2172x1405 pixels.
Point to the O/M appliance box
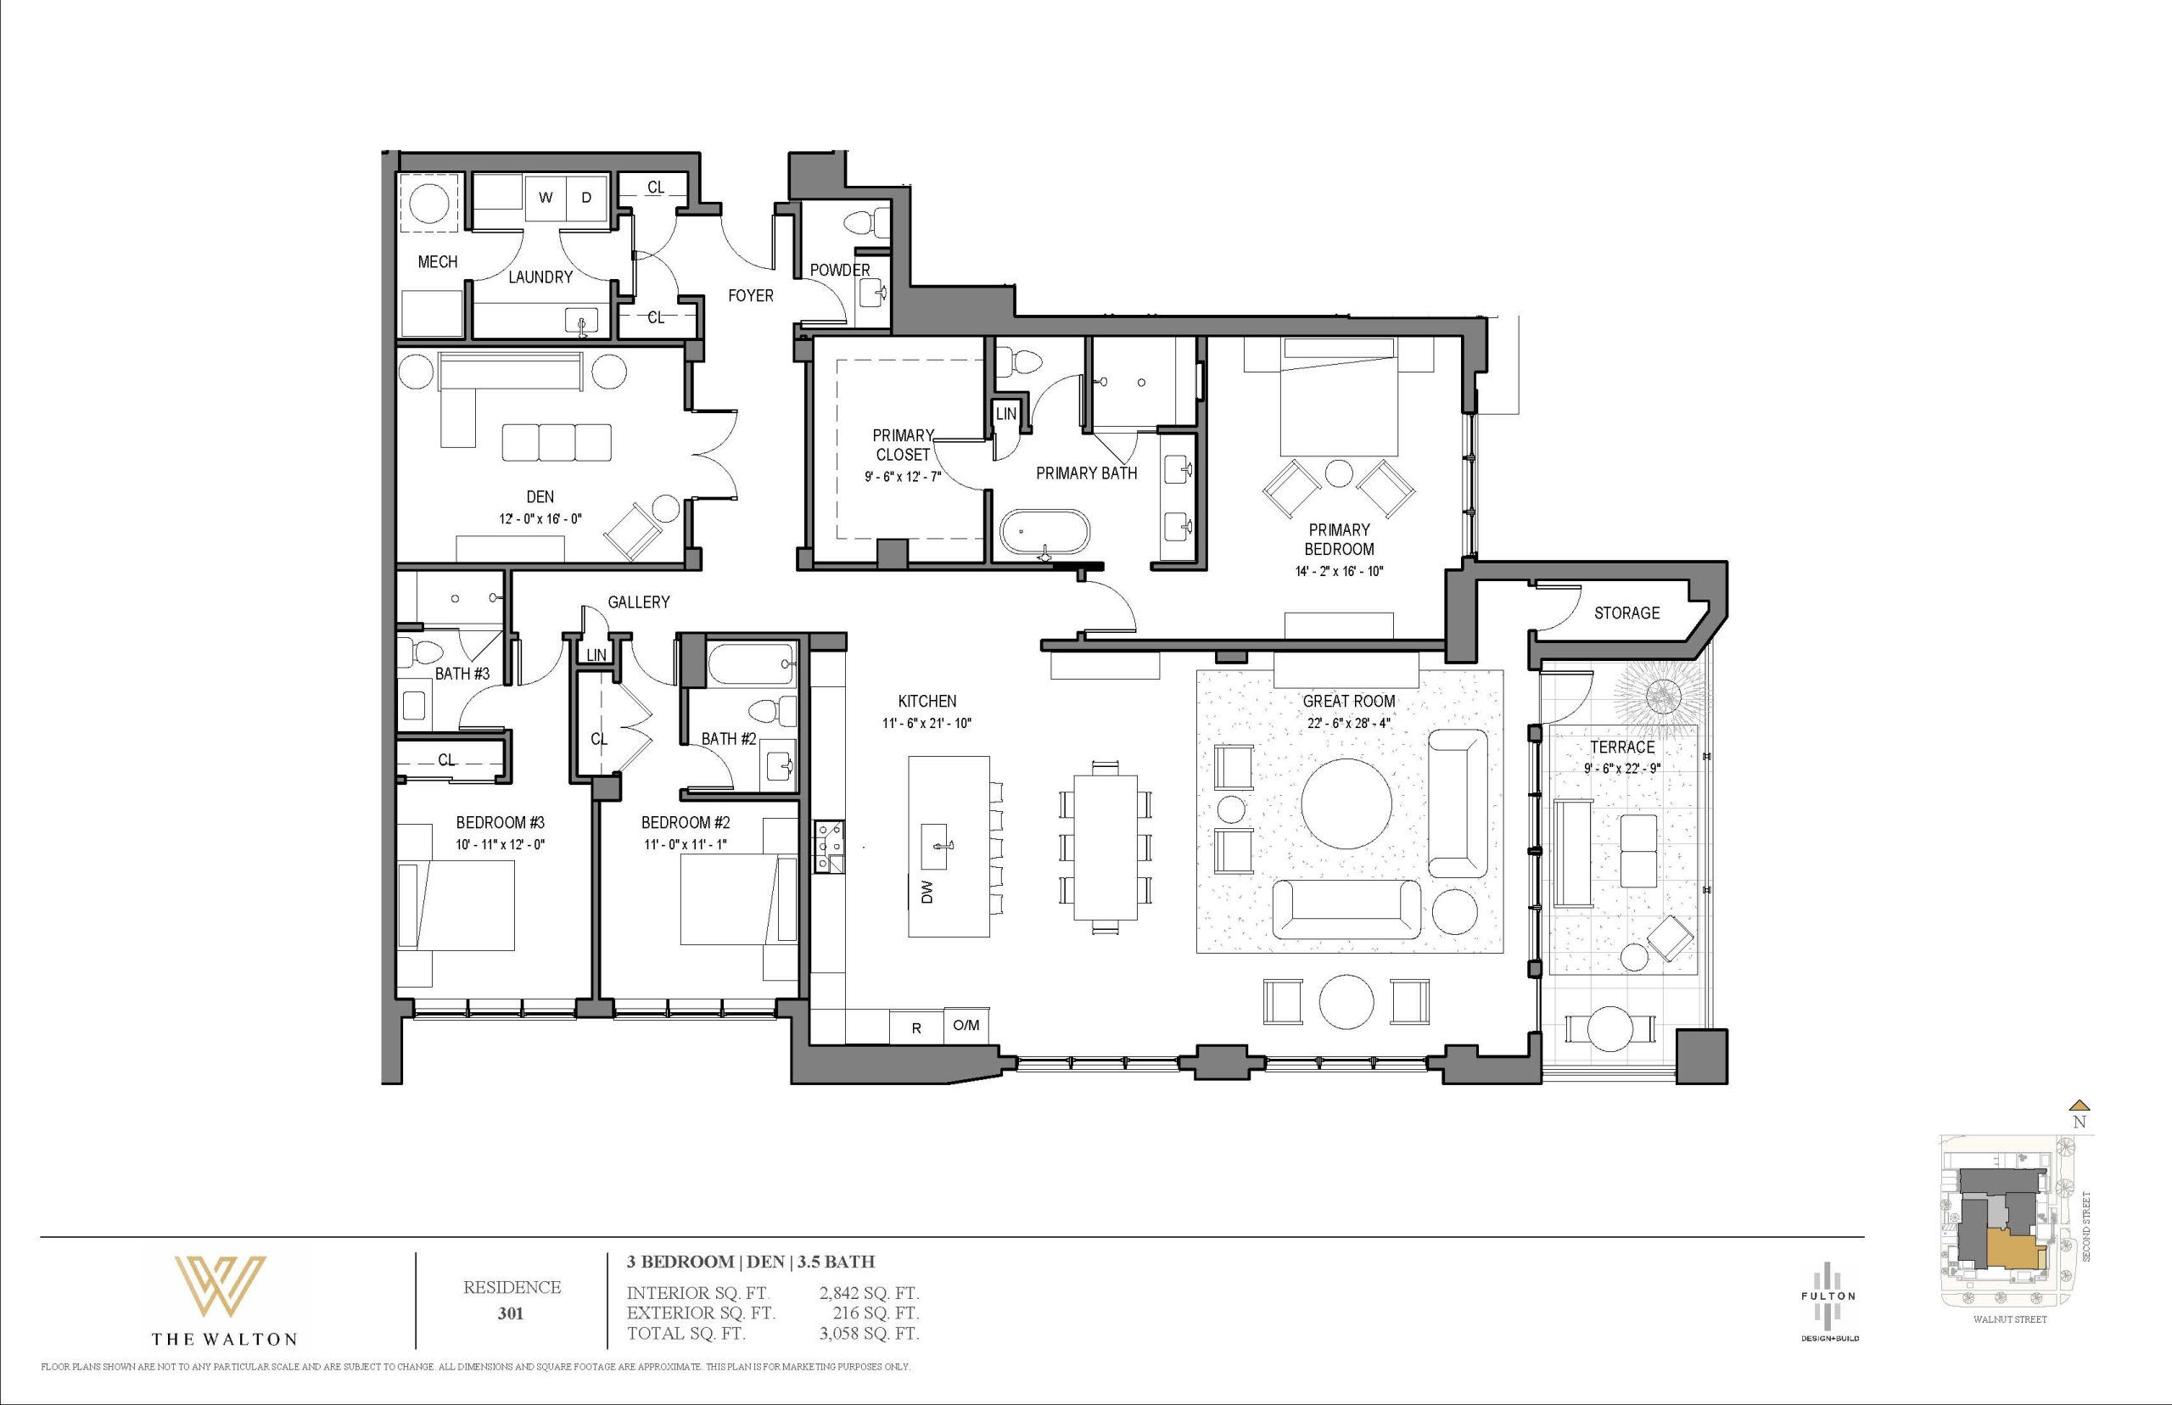[966, 1026]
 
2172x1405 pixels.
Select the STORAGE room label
[1626, 613]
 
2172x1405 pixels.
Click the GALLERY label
[639, 602]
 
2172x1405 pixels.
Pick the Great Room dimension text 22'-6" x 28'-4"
[1349, 724]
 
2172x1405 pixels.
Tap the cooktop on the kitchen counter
[829, 848]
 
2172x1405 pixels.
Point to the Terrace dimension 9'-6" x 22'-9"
[1622, 768]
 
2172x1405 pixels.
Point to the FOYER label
[750, 295]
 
